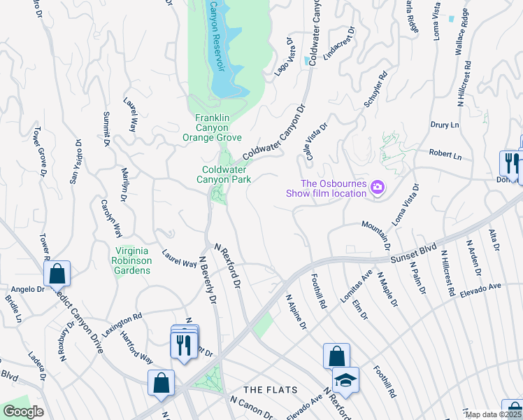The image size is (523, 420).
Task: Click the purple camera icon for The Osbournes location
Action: click(x=378, y=187)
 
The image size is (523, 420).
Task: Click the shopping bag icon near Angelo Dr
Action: click(x=58, y=272)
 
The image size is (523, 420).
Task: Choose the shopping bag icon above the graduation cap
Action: click(x=336, y=355)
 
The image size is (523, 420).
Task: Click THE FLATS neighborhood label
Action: click(x=271, y=389)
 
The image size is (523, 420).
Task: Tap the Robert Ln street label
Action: click(x=445, y=153)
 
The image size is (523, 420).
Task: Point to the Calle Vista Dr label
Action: click(x=313, y=143)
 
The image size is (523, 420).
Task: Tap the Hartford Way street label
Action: click(x=137, y=349)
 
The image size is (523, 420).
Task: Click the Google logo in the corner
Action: click(x=23, y=412)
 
